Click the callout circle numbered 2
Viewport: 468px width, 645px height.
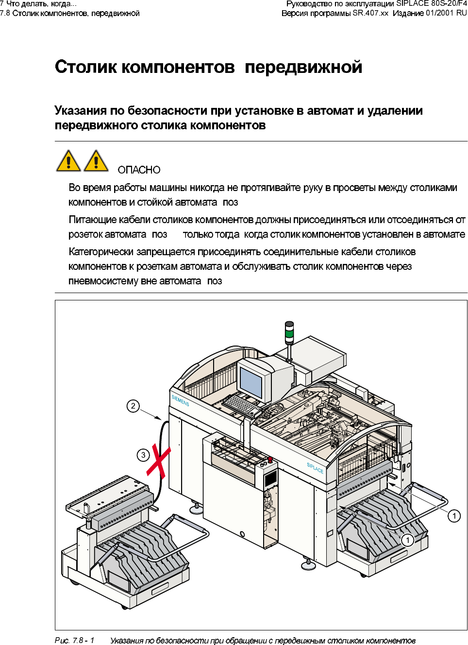(133, 406)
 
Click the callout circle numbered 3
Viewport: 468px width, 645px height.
(143, 455)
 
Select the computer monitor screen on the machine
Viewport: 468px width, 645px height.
(251, 383)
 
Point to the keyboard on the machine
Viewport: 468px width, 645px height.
(241, 404)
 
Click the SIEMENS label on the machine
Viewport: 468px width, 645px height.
(180, 401)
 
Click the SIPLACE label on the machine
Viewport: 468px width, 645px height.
(315, 468)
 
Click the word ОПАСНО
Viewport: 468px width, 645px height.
(139, 170)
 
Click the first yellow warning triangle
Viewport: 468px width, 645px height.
(68, 161)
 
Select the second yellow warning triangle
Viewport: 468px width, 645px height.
(96, 161)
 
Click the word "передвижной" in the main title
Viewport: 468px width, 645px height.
(303, 67)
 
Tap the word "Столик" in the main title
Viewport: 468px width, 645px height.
(85, 67)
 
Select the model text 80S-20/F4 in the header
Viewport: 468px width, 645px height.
(449, 3)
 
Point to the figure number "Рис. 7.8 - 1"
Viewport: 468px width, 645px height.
(74, 640)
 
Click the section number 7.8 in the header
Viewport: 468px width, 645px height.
(5, 13)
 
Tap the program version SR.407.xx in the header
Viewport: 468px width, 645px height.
(370, 13)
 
